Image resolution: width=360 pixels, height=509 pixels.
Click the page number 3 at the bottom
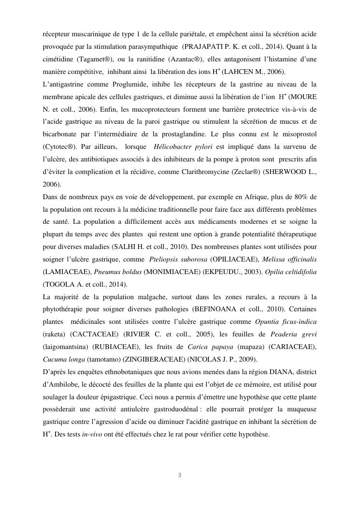[x=179, y=475]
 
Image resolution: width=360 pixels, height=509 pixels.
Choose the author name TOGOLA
[x=60, y=284]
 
